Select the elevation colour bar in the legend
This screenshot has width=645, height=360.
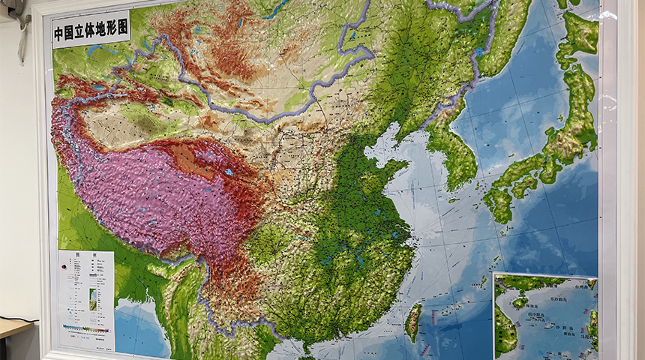point(85,328)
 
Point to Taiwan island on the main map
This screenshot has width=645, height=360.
point(413,321)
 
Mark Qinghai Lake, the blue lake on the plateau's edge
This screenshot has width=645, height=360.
point(227,173)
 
